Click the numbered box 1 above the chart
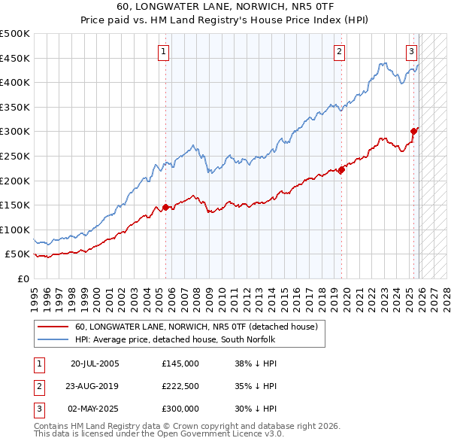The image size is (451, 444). coord(164,52)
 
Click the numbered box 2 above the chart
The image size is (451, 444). coord(340,52)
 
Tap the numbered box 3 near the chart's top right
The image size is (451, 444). coord(412,52)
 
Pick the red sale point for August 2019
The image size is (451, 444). coord(341,169)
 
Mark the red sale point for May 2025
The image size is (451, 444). coord(413,132)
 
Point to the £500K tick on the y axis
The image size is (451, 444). coord(16,34)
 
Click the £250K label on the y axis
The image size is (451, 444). coord(16,156)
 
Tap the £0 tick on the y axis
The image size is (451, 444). coord(23,278)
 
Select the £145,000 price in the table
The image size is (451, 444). coord(180,363)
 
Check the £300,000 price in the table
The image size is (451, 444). coord(180,409)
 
